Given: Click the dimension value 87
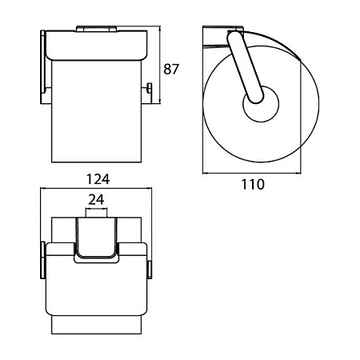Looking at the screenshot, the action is pyautogui.click(x=171, y=69).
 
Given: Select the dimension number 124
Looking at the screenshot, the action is pyautogui.click(x=98, y=179).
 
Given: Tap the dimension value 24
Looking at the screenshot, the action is pyautogui.click(x=96, y=199).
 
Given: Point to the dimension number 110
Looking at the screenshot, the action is pyautogui.click(x=253, y=184).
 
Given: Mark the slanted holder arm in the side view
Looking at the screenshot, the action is pyautogui.click(x=245, y=67).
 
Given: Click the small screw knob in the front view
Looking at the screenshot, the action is pyautogui.click(x=150, y=88).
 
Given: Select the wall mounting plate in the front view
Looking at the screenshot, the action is pyautogui.click(x=42, y=66).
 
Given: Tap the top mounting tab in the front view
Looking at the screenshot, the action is pyautogui.click(x=96, y=29).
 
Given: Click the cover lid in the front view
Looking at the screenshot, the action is pyautogui.click(x=97, y=46).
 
